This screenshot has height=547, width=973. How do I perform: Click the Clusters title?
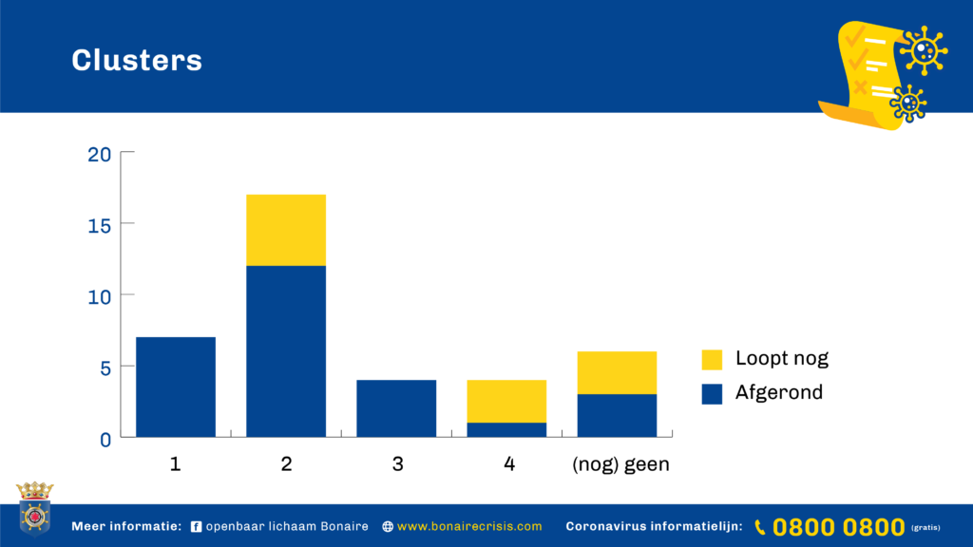[x=137, y=60]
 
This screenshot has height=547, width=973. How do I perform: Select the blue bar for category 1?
[x=176, y=387]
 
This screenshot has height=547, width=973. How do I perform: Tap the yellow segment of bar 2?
[x=286, y=230]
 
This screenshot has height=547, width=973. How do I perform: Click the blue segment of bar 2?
[x=286, y=351]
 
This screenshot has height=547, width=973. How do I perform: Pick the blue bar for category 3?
[x=396, y=408]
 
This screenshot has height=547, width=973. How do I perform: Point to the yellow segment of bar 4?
[x=507, y=402]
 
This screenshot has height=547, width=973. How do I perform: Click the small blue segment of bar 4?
[x=507, y=430]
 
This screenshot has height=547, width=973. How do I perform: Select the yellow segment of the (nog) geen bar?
[x=617, y=372]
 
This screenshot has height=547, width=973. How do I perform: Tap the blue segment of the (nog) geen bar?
[x=617, y=416]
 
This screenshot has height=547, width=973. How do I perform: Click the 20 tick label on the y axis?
[x=99, y=155]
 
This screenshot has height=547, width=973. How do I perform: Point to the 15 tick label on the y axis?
[x=99, y=226]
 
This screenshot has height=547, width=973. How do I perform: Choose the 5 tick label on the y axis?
[x=105, y=368]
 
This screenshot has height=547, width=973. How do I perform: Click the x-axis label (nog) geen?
[x=620, y=464]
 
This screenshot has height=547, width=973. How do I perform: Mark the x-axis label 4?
[x=509, y=463]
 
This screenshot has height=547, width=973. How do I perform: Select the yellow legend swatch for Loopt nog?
[x=712, y=360]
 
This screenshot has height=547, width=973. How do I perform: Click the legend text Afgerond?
[x=779, y=392]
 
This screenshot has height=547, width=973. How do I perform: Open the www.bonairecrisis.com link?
[x=469, y=526]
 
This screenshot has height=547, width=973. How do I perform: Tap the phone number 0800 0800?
[x=838, y=527]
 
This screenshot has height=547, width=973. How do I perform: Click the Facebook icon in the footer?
[x=196, y=526]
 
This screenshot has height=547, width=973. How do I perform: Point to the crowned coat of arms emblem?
[x=35, y=508]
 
